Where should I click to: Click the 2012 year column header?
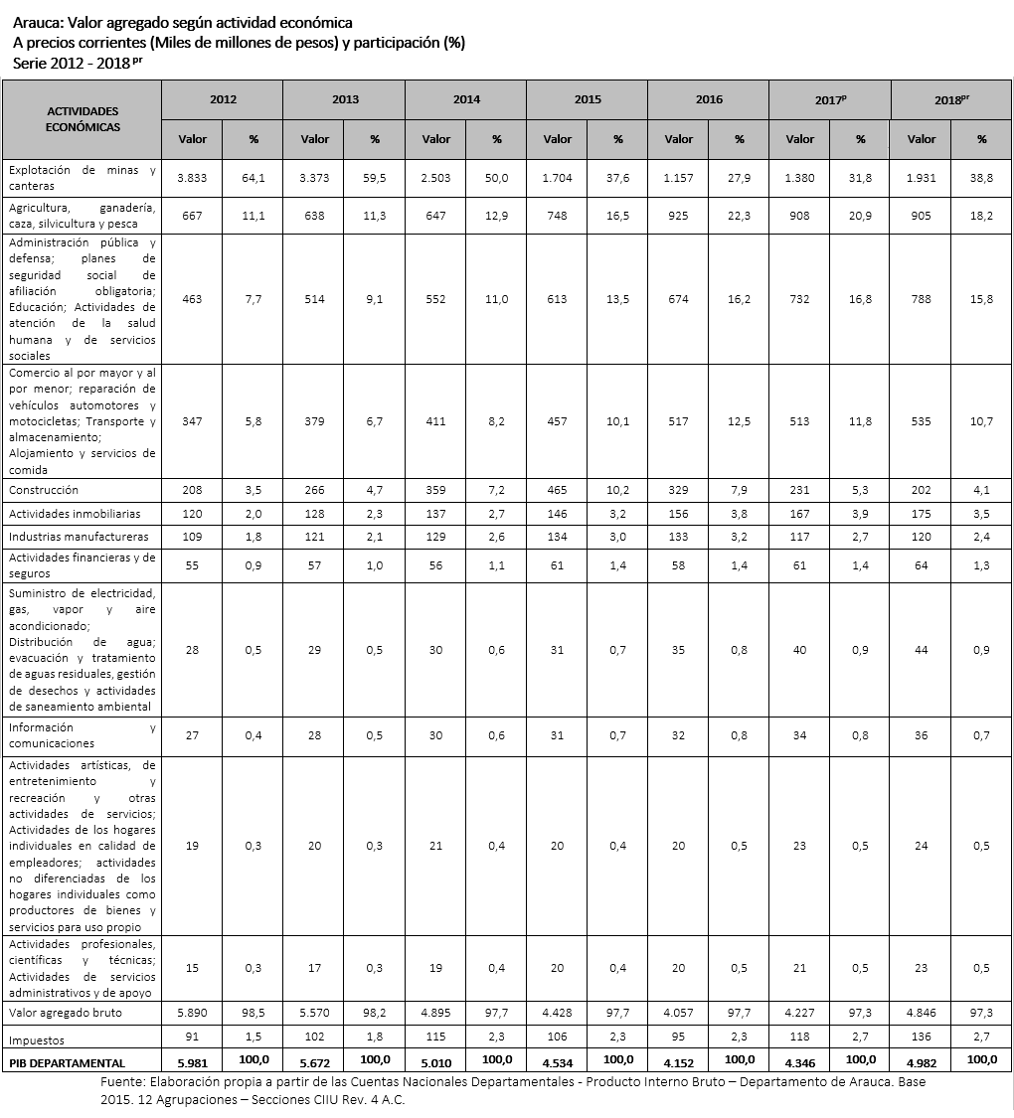pyautogui.click(x=223, y=99)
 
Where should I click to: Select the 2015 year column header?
pyautogui.click(x=588, y=99)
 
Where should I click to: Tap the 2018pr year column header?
pyautogui.click(x=951, y=100)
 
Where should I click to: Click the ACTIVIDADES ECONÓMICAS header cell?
pyautogui.click(x=83, y=119)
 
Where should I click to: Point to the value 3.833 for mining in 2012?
pyautogui.click(x=192, y=177)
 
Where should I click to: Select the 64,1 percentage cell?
pyautogui.click(x=253, y=177)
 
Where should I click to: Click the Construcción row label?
pyautogui.click(x=44, y=490)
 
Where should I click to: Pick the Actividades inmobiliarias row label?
pyautogui.click(x=75, y=514)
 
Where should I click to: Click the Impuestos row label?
pyautogui.click(x=37, y=1039)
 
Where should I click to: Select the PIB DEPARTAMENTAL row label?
pyautogui.click(x=67, y=1062)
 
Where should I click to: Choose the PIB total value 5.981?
pyautogui.click(x=192, y=1062)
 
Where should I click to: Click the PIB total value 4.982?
pyautogui.click(x=922, y=1062)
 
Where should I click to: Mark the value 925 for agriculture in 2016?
pyautogui.click(x=679, y=215)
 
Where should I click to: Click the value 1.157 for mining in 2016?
pyautogui.click(x=679, y=177)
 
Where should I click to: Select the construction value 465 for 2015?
pyautogui.click(x=558, y=490)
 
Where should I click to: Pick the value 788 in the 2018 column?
pyautogui.click(x=922, y=299)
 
